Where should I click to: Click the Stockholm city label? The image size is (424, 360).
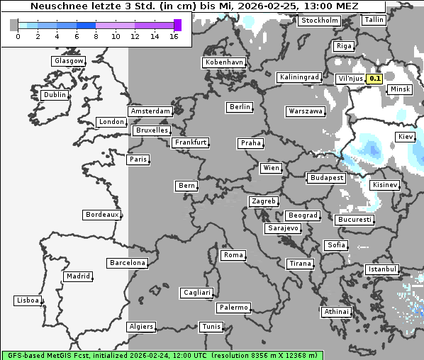point(319,21)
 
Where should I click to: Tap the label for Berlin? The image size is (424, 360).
point(240,107)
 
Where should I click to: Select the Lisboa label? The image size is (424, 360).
point(27,300)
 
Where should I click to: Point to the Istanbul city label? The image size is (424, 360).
point(382,270)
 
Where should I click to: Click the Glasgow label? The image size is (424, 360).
point(69,61)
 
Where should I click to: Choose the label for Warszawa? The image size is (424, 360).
point(306,111)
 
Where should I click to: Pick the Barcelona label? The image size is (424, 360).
point(128,263)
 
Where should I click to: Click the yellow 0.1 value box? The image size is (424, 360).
point(375,79)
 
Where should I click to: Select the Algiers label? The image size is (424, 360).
point(140,327)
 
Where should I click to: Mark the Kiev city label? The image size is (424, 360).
point(406,136)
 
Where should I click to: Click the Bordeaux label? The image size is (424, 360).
point(102,215)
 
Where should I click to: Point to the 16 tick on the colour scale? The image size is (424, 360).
point(174,36)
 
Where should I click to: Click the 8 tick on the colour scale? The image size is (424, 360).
point(96,36)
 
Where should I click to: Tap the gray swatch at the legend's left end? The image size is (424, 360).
point(14,25)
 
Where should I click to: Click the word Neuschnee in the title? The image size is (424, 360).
point(55,6)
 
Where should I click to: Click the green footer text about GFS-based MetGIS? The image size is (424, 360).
point(161,355)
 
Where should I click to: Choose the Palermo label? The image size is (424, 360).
point(233,308)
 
